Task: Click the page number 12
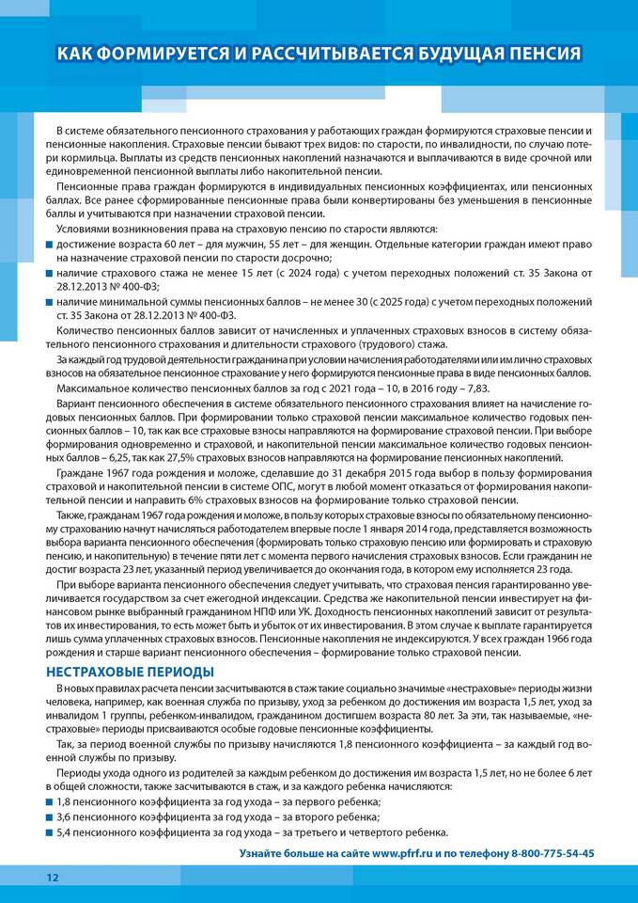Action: pos(52,877)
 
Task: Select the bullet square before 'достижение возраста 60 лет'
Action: pos(50,245)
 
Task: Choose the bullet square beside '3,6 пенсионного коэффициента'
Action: pos(50,816)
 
